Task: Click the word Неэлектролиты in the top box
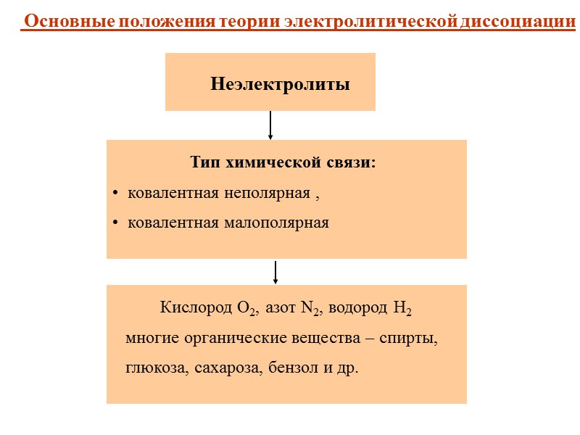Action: coord(280,85)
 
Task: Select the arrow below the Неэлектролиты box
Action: coord(270,125)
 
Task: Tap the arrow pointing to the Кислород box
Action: coord(275,273)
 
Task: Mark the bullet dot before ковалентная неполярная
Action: coord(115,194)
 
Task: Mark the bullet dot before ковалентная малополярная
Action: coord(115,223)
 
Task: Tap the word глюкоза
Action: coord(157,368)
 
